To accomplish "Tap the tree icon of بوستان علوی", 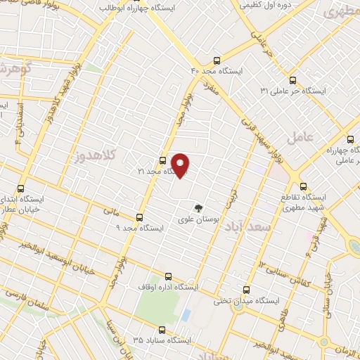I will (198, 207).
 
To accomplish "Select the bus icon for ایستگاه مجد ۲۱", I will (163, 160).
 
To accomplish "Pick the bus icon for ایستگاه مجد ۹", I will (139, 217).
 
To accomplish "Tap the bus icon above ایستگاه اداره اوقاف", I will (167, 276).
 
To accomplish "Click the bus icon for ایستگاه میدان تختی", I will (246, 289).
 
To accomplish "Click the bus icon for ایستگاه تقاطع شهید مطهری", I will (303, 186).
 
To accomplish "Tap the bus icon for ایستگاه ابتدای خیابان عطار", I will (20, 188).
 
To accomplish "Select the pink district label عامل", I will (307, 136).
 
